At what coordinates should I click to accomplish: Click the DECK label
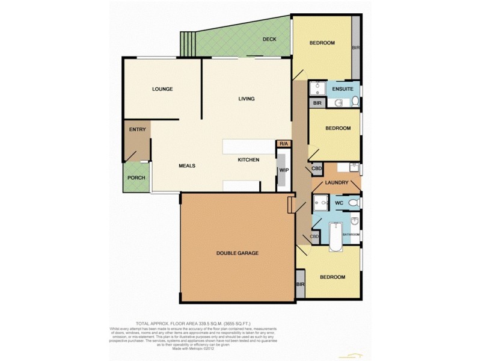[x=269, y=40]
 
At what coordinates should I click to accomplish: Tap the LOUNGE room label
[x=162, y=89]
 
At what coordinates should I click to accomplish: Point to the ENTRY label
[x=137, y=129]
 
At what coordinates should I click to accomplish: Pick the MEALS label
[x=187, y=165]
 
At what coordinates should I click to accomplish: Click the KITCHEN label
[x=248, y=159]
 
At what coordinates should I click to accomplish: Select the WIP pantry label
[x=283, y=170]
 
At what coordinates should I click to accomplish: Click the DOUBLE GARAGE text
[x=237, y=253]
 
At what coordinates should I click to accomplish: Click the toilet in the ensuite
[x=355, y=101]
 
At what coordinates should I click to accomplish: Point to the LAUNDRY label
[x=337, y=182]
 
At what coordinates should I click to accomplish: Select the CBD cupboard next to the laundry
[x=316, y=169]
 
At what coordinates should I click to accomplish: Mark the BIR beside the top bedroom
[x=355, y=48]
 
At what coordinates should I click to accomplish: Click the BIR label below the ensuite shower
[x=317, y=103]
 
